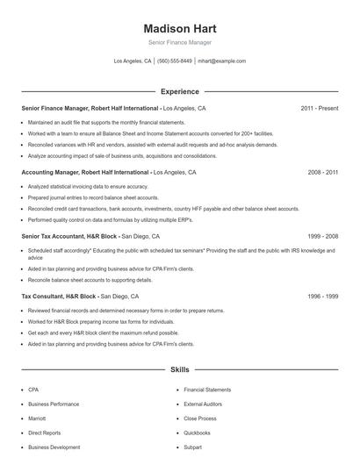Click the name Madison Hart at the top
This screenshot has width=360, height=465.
click(x=179, y=26)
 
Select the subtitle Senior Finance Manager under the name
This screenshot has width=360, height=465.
click(x=179, y=42)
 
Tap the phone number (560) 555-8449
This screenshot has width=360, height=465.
click(x=175, y=61)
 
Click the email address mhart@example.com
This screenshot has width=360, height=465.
click(x=221, y=61)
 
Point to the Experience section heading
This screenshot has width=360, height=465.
click(x=179, y=91)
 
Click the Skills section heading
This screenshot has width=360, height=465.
click(x=179, y=370)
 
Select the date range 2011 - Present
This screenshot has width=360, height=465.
click(x=319, y=108)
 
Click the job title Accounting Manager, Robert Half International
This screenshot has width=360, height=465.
click(x=85, y=173)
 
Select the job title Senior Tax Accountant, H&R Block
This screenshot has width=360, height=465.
click(x=69, y=236)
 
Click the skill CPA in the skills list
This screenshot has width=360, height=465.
click(x=33, y=389)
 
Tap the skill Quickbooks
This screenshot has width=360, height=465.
click(x=197, y=433)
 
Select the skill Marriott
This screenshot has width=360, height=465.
click(x=37, y=418)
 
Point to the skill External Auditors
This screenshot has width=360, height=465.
click(x=203, y=404)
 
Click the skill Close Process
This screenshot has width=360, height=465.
click(x=200, y=418)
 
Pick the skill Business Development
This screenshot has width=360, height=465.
click(x=54, y=447)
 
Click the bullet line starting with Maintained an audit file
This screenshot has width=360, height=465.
click(x=106, y=122)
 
